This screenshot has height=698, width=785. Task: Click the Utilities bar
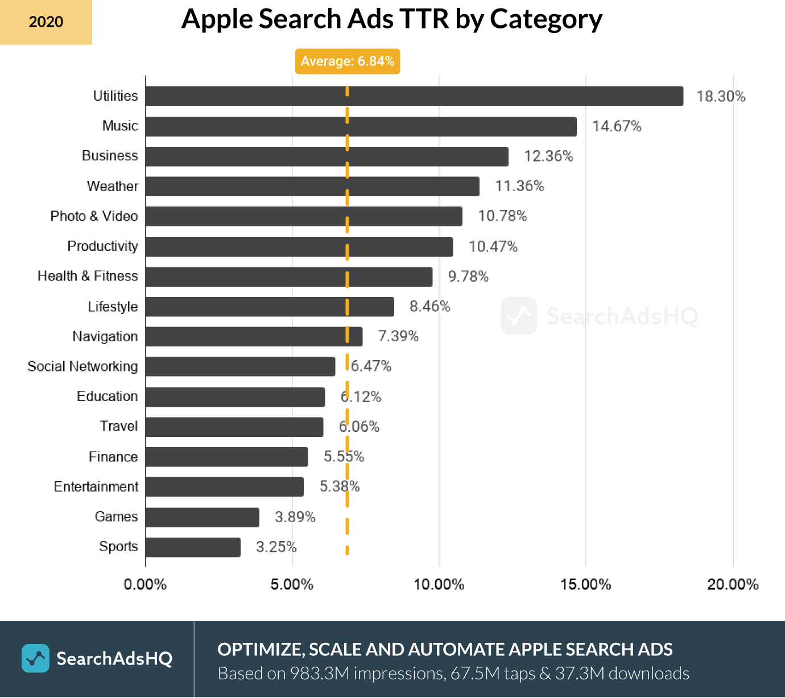pos(414,96)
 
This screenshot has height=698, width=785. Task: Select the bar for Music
pos(361,126)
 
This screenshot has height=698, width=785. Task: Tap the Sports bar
pos(193,547)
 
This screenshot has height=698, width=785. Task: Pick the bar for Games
pos(202,517)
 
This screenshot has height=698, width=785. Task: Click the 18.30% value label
pos(721,96)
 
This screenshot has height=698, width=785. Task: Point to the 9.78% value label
pos(468,276)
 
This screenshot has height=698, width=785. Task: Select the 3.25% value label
pos(276,547)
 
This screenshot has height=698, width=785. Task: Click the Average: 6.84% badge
pos(348,61)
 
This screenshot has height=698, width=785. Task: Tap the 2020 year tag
pos(46,22)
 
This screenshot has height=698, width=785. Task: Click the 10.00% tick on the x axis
pos(439,584)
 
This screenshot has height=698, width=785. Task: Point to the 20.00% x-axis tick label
pos(733,584)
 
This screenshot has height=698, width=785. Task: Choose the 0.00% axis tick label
pos(145,584)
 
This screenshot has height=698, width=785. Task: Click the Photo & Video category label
pos(94,216)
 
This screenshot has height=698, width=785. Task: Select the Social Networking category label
pos(82,366)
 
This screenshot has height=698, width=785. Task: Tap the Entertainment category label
pos(96,487)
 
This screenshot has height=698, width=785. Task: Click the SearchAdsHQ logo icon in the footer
pos(35,658)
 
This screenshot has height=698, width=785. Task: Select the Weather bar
pos(312,186)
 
